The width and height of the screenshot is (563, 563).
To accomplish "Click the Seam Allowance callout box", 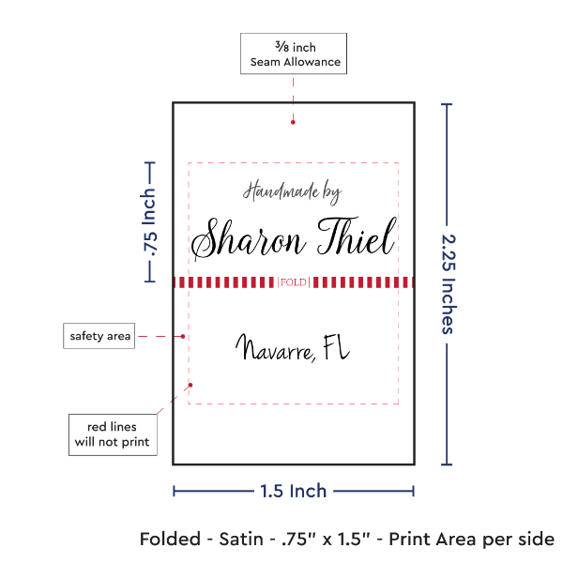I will coord(294,54).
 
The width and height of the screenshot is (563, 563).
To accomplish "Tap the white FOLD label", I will coord(293,282).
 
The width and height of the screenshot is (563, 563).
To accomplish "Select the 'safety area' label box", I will coord(99,335).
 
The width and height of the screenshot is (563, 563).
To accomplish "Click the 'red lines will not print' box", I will coord(112,434).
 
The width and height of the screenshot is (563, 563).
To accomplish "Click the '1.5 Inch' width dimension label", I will coord(294,490).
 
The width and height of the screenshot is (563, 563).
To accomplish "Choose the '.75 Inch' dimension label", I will coord(148,221).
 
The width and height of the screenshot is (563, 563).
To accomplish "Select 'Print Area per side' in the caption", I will coord(473,540).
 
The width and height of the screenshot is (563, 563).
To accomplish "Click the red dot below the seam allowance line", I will coord(293,120).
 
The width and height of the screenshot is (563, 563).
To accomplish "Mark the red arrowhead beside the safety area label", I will coord(185,335).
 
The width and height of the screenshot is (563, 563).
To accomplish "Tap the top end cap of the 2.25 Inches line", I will coord(446,103).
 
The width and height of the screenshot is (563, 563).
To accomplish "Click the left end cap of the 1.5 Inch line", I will coord(175,490).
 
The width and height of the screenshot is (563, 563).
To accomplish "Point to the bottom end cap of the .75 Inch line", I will coord(148,281).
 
